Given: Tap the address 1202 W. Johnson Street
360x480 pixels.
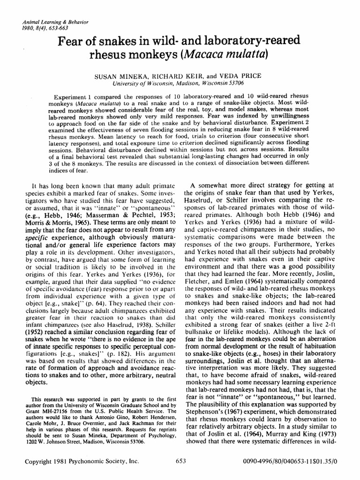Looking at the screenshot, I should click(45, 442).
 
